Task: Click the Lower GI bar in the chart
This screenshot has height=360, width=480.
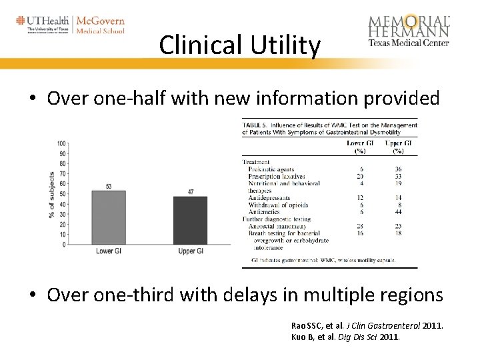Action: (x=108, y=217)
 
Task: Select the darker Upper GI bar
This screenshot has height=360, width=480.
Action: (x=190, y=220)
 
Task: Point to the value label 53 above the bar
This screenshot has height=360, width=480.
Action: (x=108, y=185)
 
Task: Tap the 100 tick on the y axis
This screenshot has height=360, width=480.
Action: (x=62, y=143)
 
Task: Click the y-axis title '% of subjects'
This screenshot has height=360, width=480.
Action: (x=52, y=195)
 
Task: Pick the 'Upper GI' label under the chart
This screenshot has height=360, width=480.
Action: (x=191, y=251)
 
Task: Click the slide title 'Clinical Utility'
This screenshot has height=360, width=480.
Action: (x=240, y=45)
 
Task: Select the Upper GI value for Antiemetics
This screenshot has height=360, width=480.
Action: (x=398, y=212)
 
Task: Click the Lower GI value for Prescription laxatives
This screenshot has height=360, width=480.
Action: (x=360, y=176)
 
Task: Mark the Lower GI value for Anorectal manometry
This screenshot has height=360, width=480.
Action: (x=360, y=227)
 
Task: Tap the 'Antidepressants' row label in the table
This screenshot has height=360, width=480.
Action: (x=269, y=197)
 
